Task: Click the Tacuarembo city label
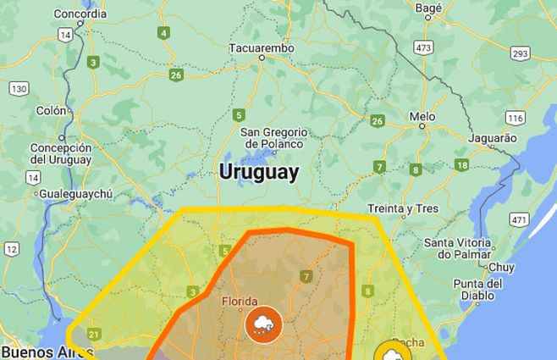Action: pyautogui.click(x=262, y=49)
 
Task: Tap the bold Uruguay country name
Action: pyautogui.click(x=259, y=172)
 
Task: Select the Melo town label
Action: pyautogui.click(x=422, y=116)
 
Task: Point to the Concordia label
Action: pyautogui.click(x=80, y=14)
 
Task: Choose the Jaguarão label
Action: pyautogui.click(x=492, y=137)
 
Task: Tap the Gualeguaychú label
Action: pyautogui.click(x=76, y=194)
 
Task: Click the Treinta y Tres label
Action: pyautogui.click(x=402, y=208)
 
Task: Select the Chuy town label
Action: pyautogui.click(x=501, y=267)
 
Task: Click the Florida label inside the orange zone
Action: pyautogui.click(x=240, y=301)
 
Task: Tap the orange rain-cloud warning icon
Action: pyautogui.click(x=262, y=324)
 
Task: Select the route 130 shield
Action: pyautogui.click(x=19, y=88)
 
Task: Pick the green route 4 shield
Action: pyautogui.click(x=163, y=33)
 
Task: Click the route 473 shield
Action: pyautogui.click(x=423, y=47)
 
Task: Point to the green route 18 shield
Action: pyautogui.click(x=461, y=165)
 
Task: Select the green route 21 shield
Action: pyautogui.click(x=93, y=335)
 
